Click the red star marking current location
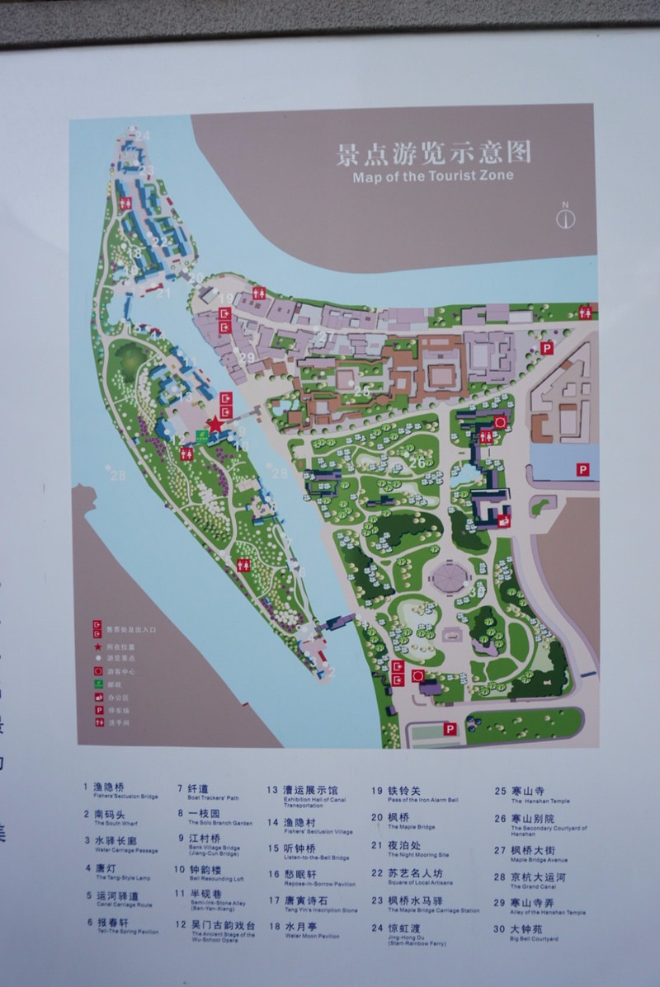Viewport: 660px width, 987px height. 215,424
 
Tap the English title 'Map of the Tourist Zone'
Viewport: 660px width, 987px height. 432,176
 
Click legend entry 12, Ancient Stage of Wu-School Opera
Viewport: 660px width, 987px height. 218,929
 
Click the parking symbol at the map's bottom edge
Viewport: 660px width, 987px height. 450,729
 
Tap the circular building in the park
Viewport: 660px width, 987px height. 449,577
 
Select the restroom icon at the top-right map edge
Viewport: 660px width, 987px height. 585,312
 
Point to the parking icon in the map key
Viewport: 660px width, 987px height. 97,709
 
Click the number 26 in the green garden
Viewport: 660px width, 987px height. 417,463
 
